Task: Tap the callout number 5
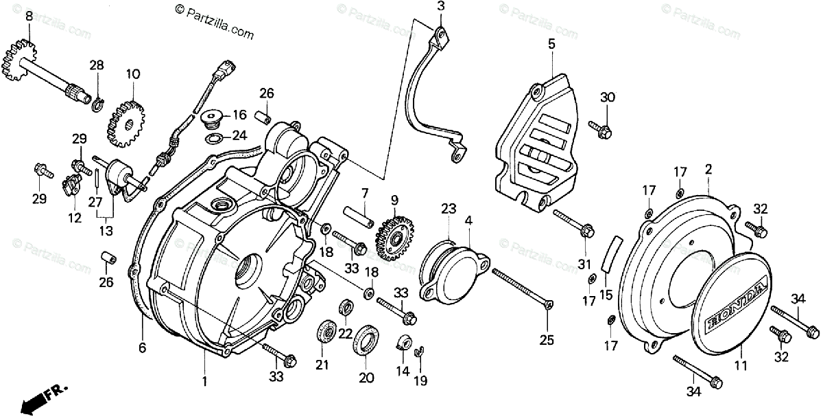click(x=551, y=44)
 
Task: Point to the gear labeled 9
click(x=395, y=235)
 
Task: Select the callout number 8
click(x=29, y=14)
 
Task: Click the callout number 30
click(x=608, y=97)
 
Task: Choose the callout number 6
click(x=142, y=348)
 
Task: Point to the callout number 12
click(x=75, y=218)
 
